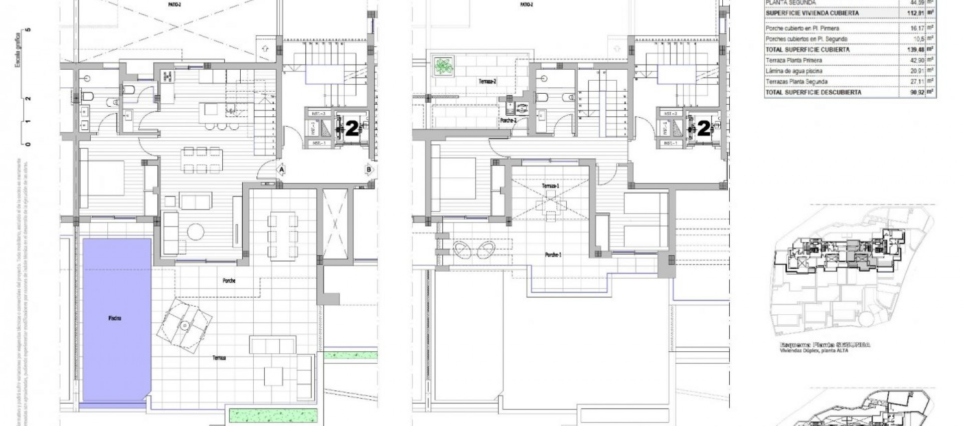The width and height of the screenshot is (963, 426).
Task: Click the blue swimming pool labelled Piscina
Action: coord(116,318)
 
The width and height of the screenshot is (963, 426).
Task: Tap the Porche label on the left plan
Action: coord(229,281)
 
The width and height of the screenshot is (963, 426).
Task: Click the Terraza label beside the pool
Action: coord(218,358)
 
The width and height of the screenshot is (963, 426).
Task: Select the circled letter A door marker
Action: coord(282,170)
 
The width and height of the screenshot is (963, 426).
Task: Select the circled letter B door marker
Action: coord(370,170)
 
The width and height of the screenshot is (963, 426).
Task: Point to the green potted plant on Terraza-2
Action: coord(442,67)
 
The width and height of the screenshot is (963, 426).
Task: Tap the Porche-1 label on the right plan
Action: coord(553,255)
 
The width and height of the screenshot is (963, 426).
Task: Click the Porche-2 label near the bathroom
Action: coord(508,121)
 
